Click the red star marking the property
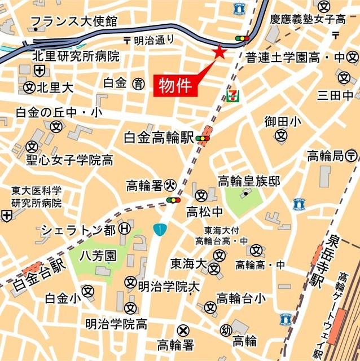click(219, 53)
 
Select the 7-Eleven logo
click(232, 94)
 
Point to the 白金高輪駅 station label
click(159, 138)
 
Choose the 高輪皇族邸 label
click(249, 180)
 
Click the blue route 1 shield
click(161, 230)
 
